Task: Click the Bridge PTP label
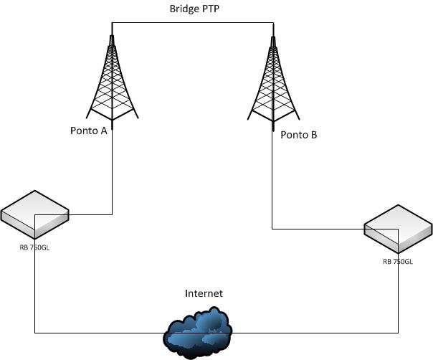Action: (192, 9)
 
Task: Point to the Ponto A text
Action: (90, 131)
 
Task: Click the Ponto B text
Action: (298, 135)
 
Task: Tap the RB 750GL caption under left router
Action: (34, 247)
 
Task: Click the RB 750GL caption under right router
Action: (398, 262)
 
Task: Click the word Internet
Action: (204, 293)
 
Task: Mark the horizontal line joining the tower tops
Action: (192, 23)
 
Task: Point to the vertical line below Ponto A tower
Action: (113, 172)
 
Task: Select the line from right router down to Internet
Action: (398, 301)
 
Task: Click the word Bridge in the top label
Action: (180, 9)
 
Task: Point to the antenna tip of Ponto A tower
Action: (113, 29)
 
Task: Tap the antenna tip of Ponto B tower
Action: (272, 29)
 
